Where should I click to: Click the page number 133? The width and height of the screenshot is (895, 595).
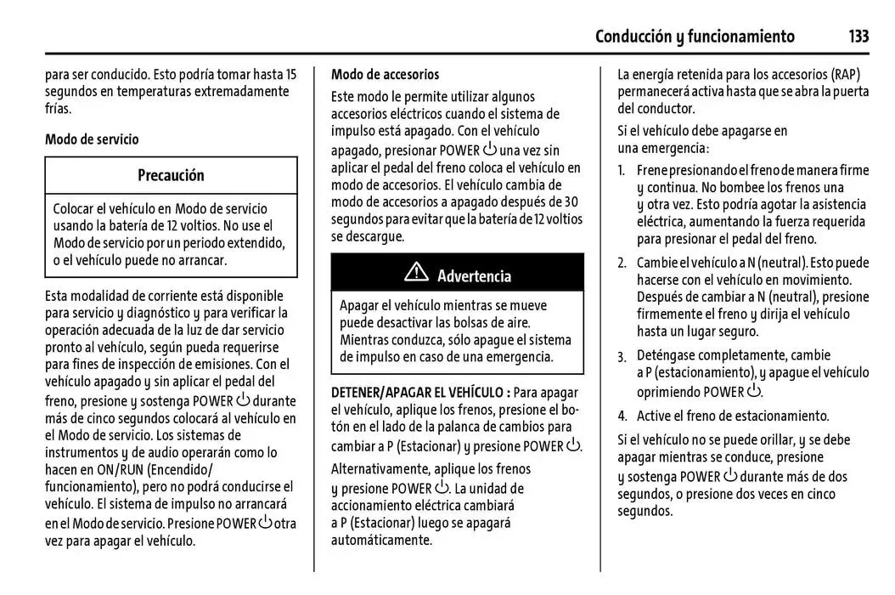coord(858,37)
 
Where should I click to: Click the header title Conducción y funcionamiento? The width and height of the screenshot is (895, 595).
coord(695,37)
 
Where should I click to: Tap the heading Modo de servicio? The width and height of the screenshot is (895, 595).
coord(92,139)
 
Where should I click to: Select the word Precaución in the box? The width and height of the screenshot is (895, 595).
coord(171,176)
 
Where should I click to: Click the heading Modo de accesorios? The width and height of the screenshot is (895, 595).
coord(386,75)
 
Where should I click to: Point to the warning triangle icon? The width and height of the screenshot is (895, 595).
coord(416,274)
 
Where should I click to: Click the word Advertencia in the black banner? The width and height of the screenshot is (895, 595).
coord(474,276)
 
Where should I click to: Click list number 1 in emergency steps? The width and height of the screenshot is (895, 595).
coord(622,171)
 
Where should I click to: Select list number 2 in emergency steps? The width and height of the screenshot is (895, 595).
coord(622,263)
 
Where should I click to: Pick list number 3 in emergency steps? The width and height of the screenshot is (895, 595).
coord(622,356)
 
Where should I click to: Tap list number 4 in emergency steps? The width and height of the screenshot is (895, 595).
coord(622,416)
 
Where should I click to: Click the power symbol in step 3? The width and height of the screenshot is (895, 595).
coord(753,391)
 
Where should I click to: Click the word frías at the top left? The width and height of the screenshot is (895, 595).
coord(59,109)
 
